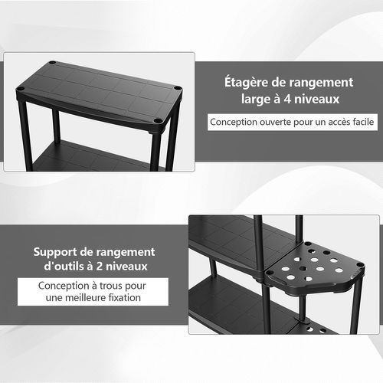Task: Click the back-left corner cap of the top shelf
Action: pos(52,64)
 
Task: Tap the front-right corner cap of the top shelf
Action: pos(157,121)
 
